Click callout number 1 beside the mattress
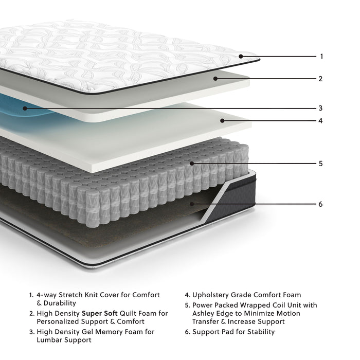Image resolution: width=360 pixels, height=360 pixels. [x=321, y=57]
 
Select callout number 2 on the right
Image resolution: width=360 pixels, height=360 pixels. [x=320, y=79]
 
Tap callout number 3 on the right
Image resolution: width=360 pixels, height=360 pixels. [x=320, y=109]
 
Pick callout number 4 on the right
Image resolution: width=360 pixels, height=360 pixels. [x=320, y=121]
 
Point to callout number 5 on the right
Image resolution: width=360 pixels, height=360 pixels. [x=320, y=164]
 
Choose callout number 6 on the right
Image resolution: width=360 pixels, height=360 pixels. [x=320, y=204]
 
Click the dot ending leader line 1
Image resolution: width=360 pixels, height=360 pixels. [x=241, y=56]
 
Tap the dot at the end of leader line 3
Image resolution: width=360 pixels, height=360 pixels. [x=24, y=108]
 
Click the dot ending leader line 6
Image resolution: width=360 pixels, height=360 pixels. [x=192, y=204]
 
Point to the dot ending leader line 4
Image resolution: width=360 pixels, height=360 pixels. [x=222, y=121]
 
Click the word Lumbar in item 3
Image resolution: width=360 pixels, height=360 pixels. [x=49, y=340]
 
